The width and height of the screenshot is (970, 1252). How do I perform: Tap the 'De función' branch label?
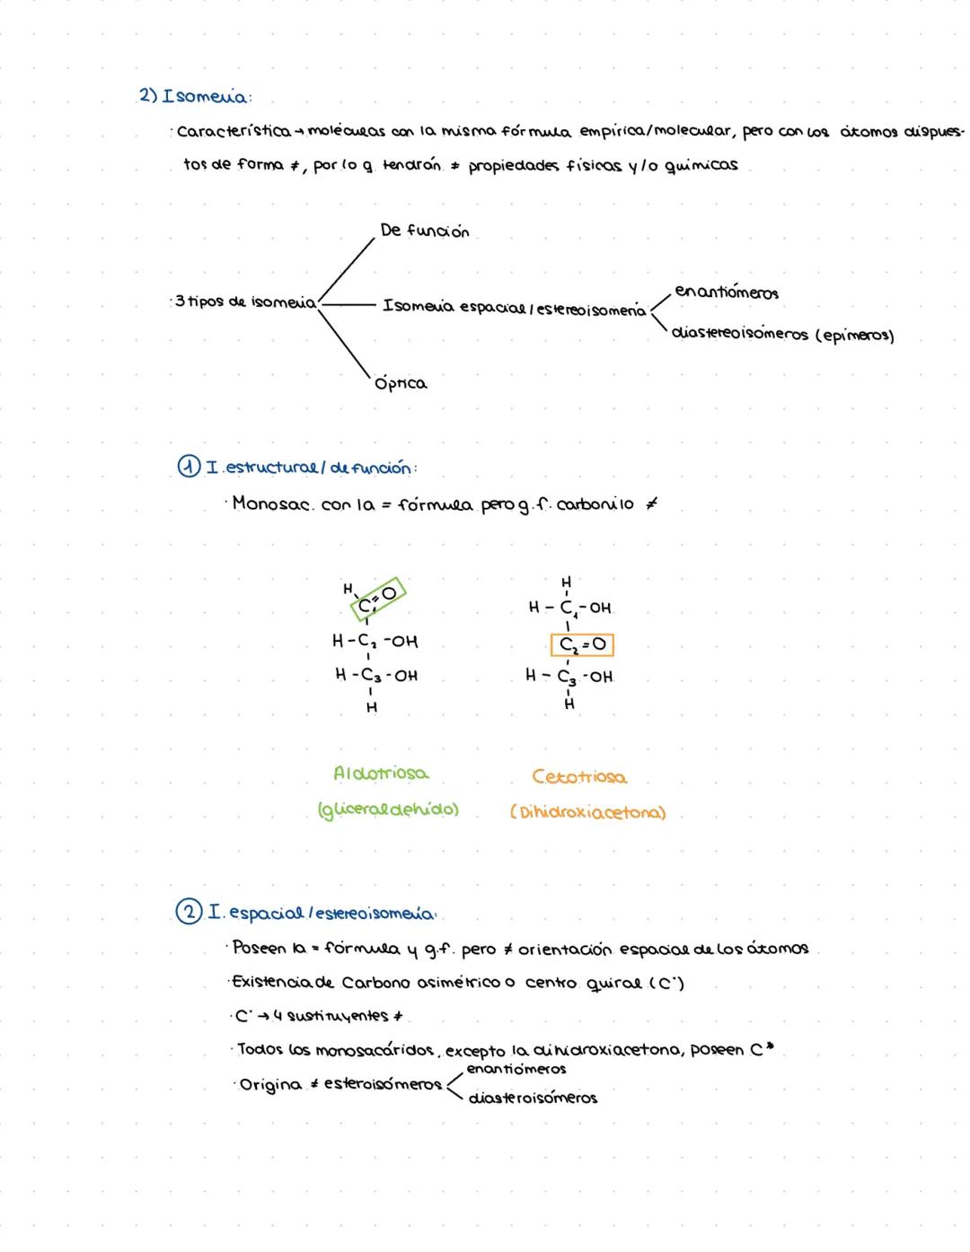coord(424,232)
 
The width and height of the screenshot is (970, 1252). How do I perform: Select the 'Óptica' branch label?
coord(401,384)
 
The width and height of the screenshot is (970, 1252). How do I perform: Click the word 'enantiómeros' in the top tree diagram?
coord(727,293)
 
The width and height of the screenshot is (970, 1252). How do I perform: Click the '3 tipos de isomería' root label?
coord(245,302)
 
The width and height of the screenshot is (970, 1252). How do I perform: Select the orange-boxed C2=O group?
coord(582,644)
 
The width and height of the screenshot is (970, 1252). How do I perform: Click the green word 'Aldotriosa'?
coord(381,774)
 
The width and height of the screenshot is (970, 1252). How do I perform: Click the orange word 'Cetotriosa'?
coord(579,777)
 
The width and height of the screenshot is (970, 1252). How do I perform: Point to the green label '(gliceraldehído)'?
coord(388,810)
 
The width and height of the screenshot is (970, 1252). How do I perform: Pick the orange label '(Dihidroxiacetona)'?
coord(587,814)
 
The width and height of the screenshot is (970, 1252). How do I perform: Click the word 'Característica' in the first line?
coord(234,133)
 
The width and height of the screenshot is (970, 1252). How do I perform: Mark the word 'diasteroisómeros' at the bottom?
coord(533,1099)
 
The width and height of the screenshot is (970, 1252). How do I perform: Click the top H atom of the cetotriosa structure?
coord(566,582)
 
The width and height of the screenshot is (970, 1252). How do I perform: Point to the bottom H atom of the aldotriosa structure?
coord(372,708)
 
